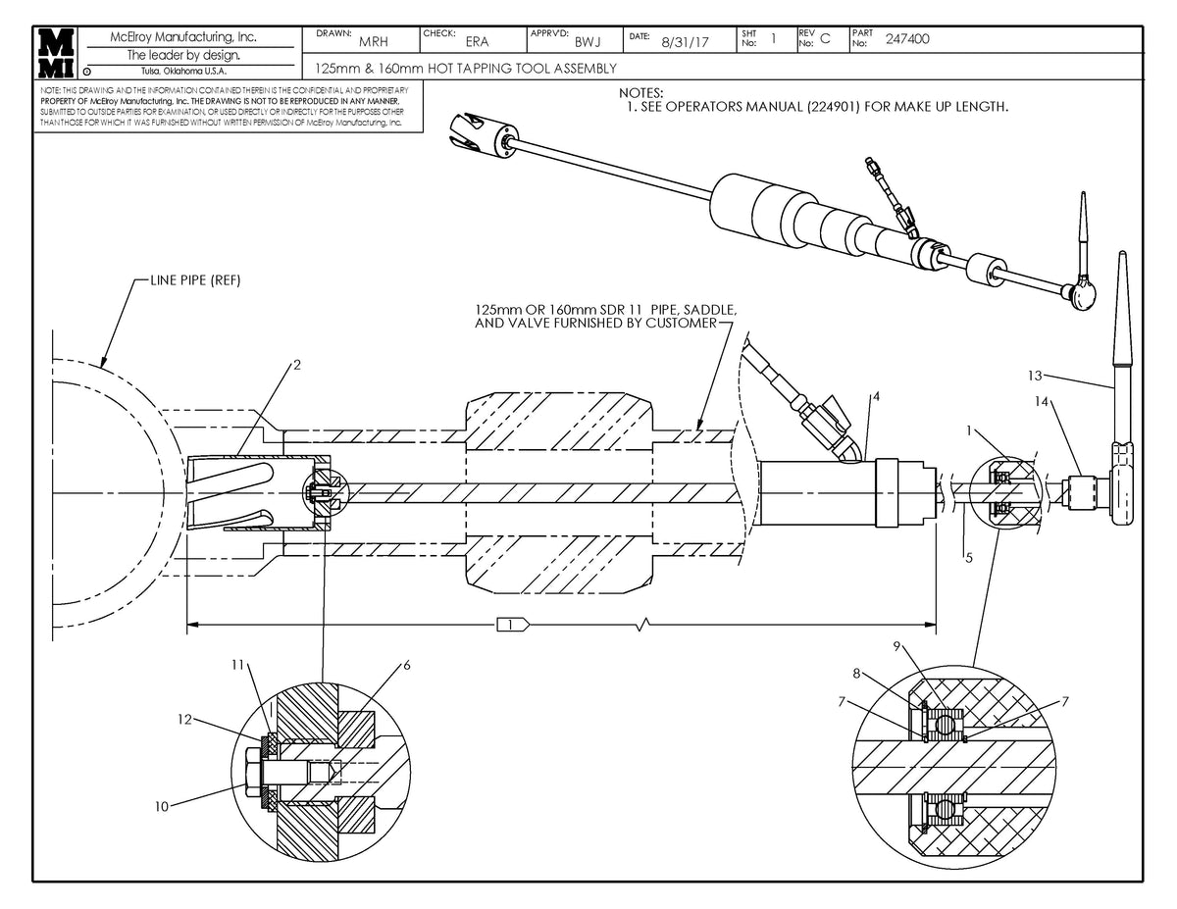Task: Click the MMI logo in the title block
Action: (55, 52)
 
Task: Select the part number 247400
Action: (908, 40)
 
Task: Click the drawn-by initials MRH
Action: (373, 42)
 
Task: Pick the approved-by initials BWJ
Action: (588, 42)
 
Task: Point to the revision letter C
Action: (825, 40)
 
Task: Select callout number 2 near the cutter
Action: (296, 366)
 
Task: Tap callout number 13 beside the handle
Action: (1037, 375)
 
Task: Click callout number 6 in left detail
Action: (406, 666)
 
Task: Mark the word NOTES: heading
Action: (641, 92)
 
